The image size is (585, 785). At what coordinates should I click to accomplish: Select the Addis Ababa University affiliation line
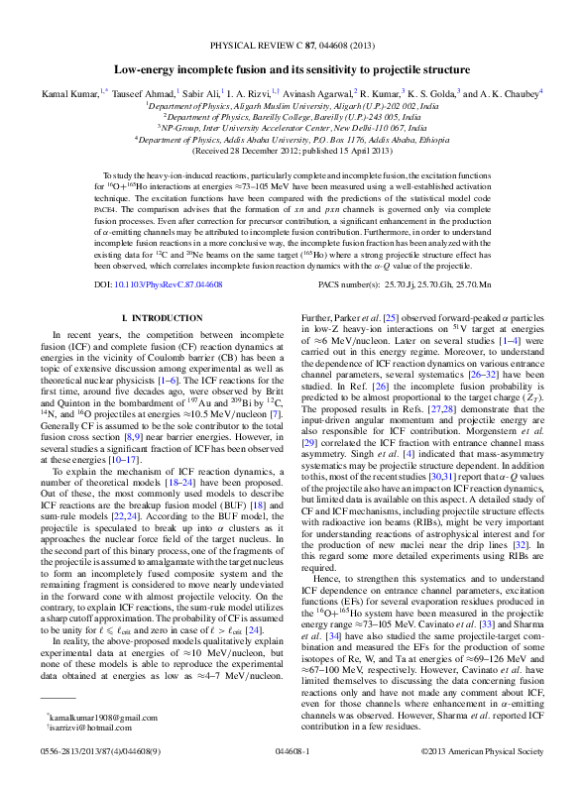(x=292, y=140)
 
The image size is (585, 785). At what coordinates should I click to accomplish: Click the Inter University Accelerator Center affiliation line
(x=292, y=128)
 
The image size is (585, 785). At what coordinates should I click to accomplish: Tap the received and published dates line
(x=292, y=152)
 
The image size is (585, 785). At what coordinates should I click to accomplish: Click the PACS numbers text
(x=416, y=284)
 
